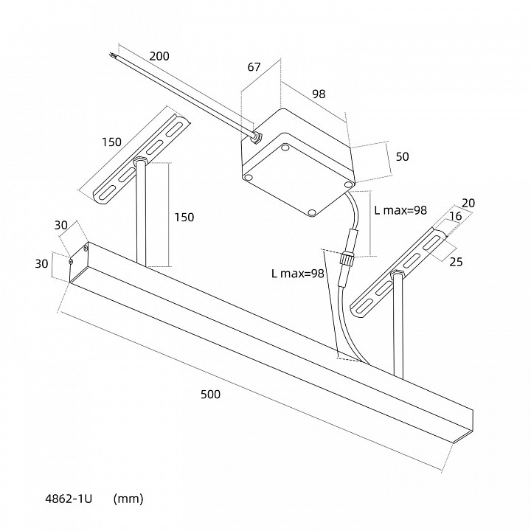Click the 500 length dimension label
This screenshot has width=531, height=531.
tap(210, 394)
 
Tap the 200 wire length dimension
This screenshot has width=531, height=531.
tap(159, 56)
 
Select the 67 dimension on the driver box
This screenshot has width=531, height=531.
tap(254, 67)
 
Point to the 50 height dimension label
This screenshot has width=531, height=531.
tap(403, 156)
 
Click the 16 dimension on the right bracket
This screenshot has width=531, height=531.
tap(456, 215)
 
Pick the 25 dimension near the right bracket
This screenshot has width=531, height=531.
tap(456, 261)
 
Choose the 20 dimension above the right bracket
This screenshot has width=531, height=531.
tap(468, 203)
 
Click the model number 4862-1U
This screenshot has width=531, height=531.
tap(69, 499)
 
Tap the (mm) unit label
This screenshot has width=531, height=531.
tap(128, 499)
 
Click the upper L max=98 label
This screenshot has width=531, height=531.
tap(400, 210)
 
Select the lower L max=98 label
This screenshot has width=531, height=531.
tap(298, 274)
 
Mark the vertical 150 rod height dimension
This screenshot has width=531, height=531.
tap(184, 217)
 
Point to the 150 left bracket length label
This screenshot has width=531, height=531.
tap(111, 142)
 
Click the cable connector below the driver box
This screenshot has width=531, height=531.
tap(346, 258)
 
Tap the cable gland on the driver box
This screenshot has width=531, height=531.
tap(257, 137)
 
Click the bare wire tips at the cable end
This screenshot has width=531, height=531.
tap(114, 54)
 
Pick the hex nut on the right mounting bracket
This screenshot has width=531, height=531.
tap(397, 274)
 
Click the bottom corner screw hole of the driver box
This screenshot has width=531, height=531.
tap(312, 212)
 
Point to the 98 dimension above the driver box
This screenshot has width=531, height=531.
tap(319, 94)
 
